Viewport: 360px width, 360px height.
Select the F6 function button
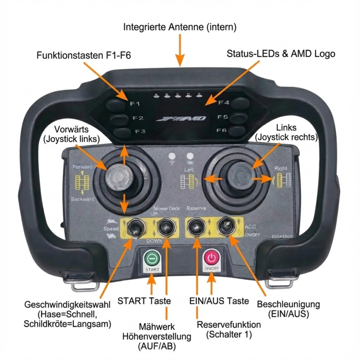coord(237,131)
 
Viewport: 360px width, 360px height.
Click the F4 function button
coord(240,102)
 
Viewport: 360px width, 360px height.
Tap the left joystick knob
coord(117,177)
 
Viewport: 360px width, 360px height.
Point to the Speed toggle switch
coord(133,228)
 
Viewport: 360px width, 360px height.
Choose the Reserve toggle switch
coord(196,227)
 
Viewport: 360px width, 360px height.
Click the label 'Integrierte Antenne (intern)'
coord(180,27)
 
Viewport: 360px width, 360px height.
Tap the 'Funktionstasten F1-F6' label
coord(84,55)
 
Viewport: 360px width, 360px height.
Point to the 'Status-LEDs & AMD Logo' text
coord(281,53)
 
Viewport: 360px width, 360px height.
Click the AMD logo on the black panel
coord(182,119)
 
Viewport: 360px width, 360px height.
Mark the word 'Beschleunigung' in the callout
coord(288,304)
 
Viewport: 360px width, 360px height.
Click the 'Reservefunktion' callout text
coord(229,325)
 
